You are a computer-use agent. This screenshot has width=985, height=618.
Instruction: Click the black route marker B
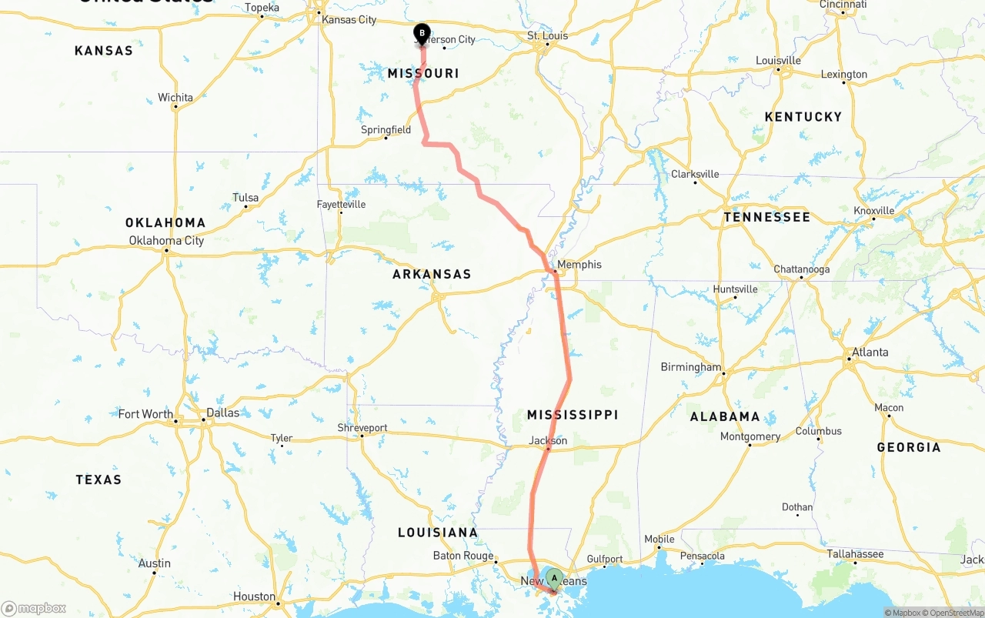tap(422, 33)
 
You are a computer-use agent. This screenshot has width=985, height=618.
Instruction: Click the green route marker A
tap(554, 578)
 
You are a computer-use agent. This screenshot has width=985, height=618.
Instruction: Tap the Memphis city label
tap(579, 265)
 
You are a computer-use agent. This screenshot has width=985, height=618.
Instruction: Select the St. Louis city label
tap(547, 36)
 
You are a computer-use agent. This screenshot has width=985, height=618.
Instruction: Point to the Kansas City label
tap(349, 19)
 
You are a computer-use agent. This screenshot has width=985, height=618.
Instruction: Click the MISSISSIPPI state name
tap(573, 415)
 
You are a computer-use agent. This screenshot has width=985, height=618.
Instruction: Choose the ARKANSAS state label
tap(432, 274)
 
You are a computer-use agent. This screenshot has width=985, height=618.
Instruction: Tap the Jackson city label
tap(548, 441)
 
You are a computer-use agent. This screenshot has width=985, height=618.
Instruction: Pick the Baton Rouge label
tap(462, 556)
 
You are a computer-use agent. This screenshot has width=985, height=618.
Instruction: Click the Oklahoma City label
tap(166, 241)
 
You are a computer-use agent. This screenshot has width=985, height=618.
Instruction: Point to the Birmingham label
tap(691, 367)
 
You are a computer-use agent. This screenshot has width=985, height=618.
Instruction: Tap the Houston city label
tap(254, 596)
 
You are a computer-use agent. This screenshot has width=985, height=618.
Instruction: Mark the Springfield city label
tap(386, 130)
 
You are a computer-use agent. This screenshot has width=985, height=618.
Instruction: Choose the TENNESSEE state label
tap(766, 218)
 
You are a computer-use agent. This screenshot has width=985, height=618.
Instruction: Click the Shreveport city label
tap(362, 428)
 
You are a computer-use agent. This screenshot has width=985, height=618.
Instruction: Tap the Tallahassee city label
tap(855, 554)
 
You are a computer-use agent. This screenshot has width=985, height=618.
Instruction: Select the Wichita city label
tap(175, 98)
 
